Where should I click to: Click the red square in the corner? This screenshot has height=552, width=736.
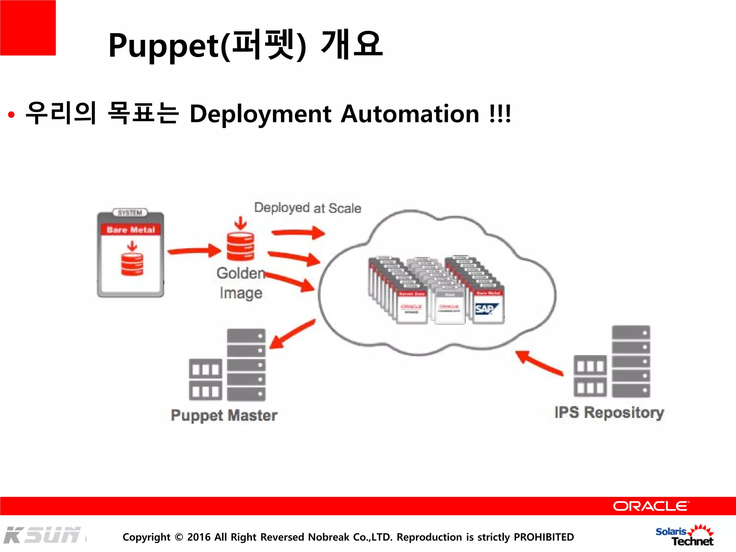pos(28,28)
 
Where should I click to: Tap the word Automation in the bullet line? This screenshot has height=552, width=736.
pos(410,114)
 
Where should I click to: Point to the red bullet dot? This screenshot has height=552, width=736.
pos(11,115)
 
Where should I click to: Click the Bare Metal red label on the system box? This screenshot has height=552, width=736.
pos(130,230)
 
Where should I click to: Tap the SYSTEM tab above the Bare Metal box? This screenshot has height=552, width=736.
pos(130,213)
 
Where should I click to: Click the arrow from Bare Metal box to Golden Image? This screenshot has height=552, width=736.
pos(194,250)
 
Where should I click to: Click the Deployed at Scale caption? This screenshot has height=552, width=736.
pos(308,208)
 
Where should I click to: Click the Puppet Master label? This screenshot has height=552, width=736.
pos(224,415)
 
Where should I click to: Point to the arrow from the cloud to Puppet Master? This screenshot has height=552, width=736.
pos(292,334)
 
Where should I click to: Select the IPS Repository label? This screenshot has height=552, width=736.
pos(609,413)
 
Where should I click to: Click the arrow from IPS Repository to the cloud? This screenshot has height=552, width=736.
pos(539,363)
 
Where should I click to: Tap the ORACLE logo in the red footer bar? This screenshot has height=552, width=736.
pos(650,506)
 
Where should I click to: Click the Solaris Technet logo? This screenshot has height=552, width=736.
pos(685,535)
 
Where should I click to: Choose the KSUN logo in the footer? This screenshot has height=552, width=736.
pos(42,535)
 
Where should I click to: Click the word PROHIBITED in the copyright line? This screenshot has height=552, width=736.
pos(544,537)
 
